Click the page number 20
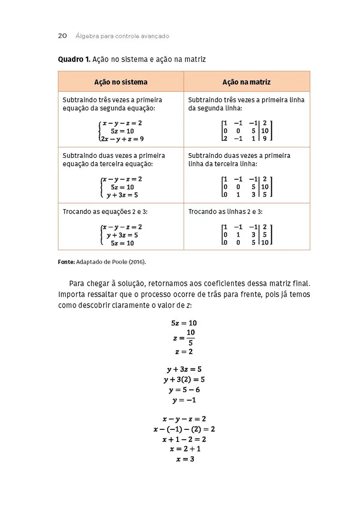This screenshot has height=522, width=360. [x=62, y=36]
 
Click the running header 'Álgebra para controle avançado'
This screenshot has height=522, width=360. [x=122, y=36]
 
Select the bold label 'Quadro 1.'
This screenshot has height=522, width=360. [x=74, y=59]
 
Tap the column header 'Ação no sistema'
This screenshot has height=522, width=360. [x=121, y=82]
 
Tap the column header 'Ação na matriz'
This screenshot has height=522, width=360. [x=246, y=82]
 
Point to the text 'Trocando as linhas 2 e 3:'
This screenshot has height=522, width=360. [x=225, y=212]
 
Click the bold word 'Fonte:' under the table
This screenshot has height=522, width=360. [x=66, y=262]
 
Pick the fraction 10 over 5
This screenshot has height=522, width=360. [x=191, y=338]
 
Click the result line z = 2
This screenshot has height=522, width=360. [x=184, y=351]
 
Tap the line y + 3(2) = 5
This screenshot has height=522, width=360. [x=184, y=380]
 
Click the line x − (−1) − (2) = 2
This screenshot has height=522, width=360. [x=184, y=429]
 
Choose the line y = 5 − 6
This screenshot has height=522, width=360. [x=184, y=390]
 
